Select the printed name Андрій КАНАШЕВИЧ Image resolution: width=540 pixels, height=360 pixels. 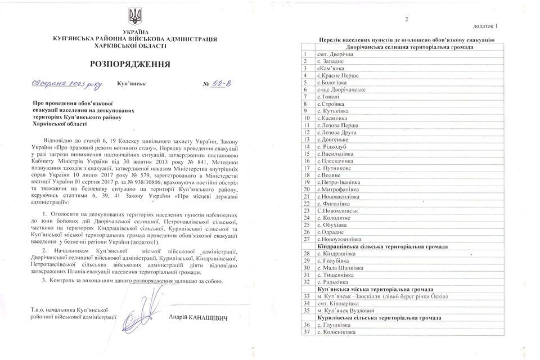[198, 318]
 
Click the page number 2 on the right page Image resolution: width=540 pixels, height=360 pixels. [406, 20]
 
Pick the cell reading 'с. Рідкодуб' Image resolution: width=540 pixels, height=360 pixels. [334, 146]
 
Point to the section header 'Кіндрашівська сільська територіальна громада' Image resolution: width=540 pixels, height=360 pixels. [397, 246]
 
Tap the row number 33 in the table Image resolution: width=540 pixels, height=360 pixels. [307, 296]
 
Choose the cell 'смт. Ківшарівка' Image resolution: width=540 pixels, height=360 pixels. [337, 303]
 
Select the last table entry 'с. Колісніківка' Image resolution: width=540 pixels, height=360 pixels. [338, 332]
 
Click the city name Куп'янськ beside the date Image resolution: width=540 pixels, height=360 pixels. [132, 83]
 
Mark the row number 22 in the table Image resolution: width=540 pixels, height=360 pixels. [307, 204]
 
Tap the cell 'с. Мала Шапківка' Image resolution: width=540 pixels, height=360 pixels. [340, 268]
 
